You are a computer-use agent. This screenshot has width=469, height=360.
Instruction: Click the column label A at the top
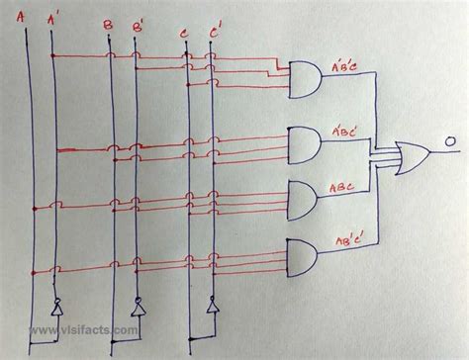tap(22, 13)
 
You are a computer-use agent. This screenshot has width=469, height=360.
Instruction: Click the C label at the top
tap(184, 34)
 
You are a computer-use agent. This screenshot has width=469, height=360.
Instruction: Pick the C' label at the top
tap(213, 32)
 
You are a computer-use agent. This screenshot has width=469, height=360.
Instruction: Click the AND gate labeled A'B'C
tap(305, 80)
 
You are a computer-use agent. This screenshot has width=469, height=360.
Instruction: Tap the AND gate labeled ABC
tap(304, 200)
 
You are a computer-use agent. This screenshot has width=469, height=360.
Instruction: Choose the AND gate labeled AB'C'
tap(303, 259)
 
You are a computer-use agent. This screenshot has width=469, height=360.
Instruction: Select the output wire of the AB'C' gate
tap(351, 259)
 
